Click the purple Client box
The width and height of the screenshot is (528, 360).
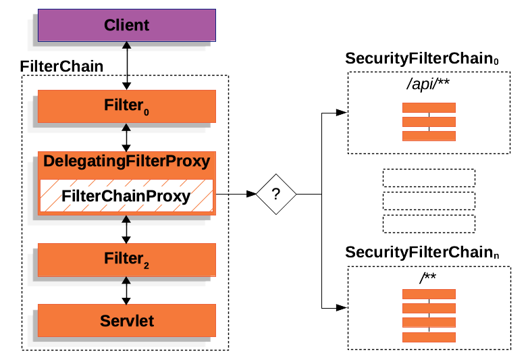[x=126, y=26]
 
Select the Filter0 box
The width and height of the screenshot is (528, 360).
[x=126, y=105]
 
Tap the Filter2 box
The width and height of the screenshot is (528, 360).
[x=126, y=259]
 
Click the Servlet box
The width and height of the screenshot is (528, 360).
[x=126, y=321]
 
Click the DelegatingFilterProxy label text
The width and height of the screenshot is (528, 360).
[x=126, y=162]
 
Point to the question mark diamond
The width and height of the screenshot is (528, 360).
[x=275, y=194]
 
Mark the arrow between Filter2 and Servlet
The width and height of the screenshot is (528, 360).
[x=126, y=290]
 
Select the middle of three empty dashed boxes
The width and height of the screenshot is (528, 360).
[x=429, y=201]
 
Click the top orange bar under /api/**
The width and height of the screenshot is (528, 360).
[x=429, y=107]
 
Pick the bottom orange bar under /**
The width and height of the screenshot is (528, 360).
[x=429, y=337]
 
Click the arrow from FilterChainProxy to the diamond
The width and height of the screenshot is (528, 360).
[x=236, y=194]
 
